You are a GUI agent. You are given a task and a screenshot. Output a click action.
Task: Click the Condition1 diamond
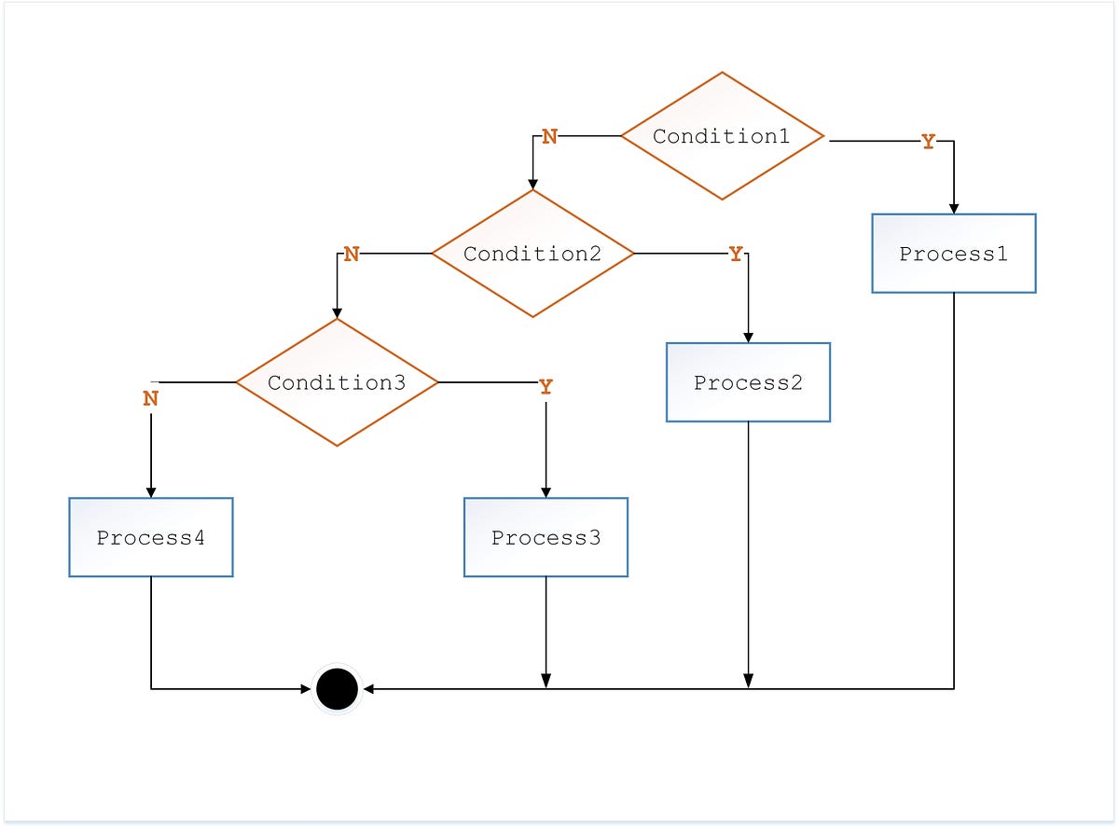tap(722, 136)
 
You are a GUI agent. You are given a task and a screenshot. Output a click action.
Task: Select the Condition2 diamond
tap(532, 254)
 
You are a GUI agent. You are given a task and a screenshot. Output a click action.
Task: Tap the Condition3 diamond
tap(337, 382)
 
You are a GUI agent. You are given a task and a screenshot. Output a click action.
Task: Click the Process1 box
tap(953, 254)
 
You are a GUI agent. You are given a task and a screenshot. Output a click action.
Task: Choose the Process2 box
tap(748, 382)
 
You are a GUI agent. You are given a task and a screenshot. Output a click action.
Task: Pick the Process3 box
tap(546, 537)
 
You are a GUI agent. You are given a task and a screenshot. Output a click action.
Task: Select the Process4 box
tap(150, 537)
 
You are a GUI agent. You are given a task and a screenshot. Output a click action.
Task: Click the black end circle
tap(337, 689)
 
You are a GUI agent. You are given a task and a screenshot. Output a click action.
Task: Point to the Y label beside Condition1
tap(928, 142)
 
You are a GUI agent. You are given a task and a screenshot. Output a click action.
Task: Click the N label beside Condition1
tap(549, 137)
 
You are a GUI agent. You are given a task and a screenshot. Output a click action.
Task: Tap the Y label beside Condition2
tap(736, 254)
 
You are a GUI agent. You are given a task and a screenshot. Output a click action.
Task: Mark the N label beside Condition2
tap(351, 254)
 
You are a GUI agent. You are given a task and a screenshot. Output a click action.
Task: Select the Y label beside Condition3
tap(546, 387)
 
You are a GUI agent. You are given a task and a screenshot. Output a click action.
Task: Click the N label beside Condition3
tap(150, 398)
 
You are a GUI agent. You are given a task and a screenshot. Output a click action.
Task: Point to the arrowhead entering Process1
tap(953, 208)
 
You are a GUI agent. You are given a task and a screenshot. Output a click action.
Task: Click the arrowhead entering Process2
tap(748, 337)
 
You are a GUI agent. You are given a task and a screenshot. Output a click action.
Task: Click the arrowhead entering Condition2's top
tap(532, 184)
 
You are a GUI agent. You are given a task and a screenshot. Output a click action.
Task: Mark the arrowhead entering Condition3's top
tap(337, 312)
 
